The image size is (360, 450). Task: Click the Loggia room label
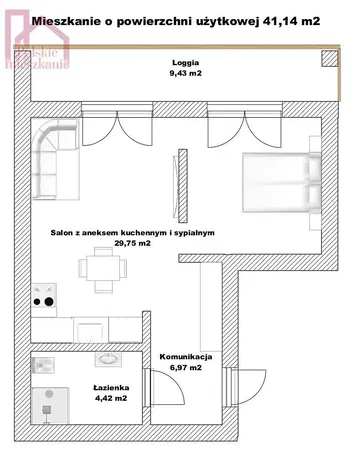coord(186,62)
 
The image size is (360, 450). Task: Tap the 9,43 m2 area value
coord(186,73)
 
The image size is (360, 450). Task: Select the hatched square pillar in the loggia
coord(330,58)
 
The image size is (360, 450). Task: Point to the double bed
coord(281,182)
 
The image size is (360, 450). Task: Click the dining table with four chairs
coord(103,269)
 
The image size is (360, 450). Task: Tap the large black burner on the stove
coord(49,302)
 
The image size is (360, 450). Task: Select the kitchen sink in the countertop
coord(91,332)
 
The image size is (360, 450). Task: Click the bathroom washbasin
coord(108,359)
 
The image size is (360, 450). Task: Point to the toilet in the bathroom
coord(43,366)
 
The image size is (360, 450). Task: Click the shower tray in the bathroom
coord(50,405)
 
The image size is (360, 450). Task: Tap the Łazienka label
coord(111,388)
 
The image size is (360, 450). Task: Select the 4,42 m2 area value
coord(111,398)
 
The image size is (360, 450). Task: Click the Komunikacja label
coord(186,357)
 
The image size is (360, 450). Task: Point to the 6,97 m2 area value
coord(186,368)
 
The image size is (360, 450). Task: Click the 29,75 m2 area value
coord(133,243)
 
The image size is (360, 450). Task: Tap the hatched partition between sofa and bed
coord(182,186)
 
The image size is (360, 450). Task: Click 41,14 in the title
coord(279,21)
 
